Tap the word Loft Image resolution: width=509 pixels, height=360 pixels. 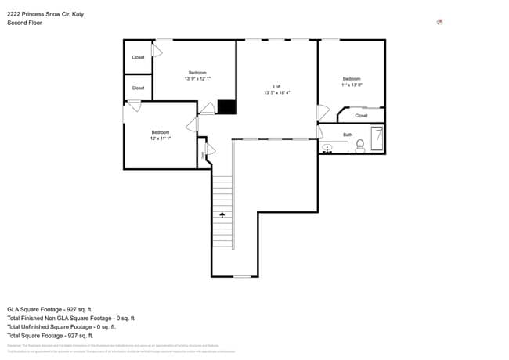coord(276,87)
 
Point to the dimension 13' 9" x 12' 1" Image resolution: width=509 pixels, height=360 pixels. coord(197,78)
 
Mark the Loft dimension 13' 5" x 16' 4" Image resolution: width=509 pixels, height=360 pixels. coord(276,92)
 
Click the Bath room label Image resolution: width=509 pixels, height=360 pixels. coord(347,135)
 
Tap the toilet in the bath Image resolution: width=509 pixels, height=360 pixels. coord(360,145)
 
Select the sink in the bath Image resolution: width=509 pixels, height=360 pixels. coord(328,147)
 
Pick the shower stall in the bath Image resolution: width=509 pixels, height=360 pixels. coord(377,139)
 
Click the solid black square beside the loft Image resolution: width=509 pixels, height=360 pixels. coord(226,107)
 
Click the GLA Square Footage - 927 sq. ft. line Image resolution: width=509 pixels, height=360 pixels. coord(50,309)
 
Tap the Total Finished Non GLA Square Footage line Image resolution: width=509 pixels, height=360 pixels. coord(71,318)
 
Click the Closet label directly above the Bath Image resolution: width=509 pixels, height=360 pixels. coord(360,116)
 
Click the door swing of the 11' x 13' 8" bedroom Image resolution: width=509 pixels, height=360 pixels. coord(322,113)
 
